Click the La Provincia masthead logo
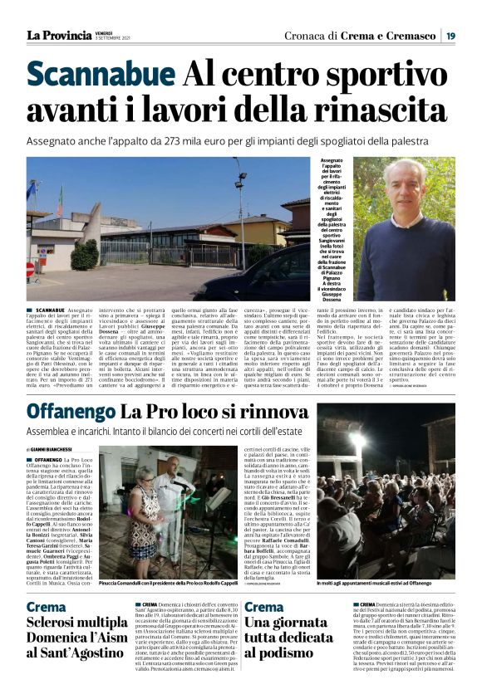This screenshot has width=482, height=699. point(58,35)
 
